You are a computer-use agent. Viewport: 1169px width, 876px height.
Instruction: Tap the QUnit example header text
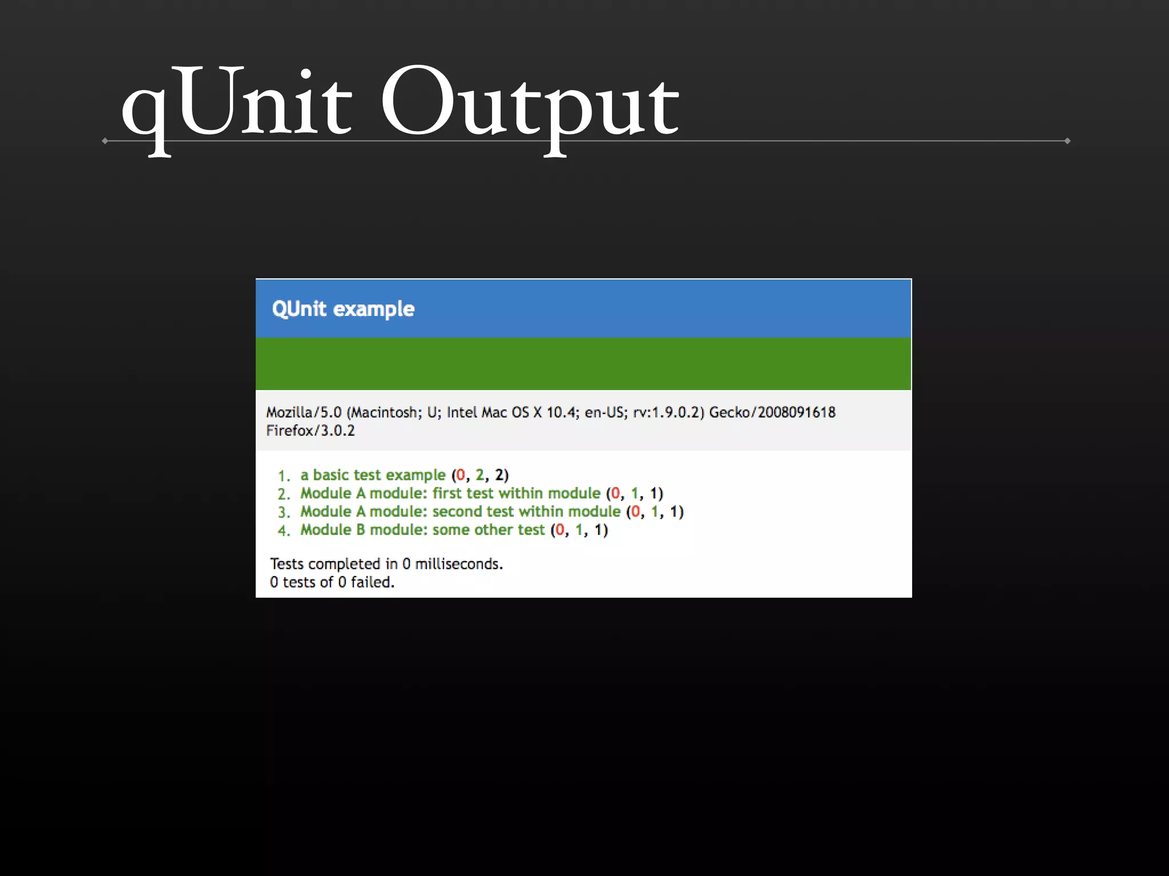[x=343, y=309]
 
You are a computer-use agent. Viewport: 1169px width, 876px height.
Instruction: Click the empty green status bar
[x=583, y=364]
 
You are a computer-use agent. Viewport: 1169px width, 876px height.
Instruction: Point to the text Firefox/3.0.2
[x=310, y=431]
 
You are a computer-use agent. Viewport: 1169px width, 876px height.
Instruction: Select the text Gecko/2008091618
[x=772, y=412]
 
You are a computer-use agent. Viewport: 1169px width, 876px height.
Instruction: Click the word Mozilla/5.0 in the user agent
[x=304, y=412]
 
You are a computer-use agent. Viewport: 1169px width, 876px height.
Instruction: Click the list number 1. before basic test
[x=284, y=476]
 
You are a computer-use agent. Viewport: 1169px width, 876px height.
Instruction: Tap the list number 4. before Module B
[x=284, y=530]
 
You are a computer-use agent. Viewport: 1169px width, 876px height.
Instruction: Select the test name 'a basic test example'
[x=373, y=475]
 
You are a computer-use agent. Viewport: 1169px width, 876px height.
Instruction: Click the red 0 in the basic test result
[x=461, y=475]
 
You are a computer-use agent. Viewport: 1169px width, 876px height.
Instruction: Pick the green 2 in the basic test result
[x=479, y=475]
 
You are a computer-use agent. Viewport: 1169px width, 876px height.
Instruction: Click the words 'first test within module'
[x=516, y=493]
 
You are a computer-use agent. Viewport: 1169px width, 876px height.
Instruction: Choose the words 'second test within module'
[x=526, y=512]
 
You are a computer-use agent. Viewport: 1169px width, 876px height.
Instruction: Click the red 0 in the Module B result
[x=560, y=530]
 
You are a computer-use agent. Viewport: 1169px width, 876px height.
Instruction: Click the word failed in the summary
[x=372, y=582]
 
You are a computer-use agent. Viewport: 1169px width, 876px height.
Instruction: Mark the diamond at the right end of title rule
[x=1067, y=141]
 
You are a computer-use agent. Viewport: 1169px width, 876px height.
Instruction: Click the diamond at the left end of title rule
[x=105, y=141]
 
